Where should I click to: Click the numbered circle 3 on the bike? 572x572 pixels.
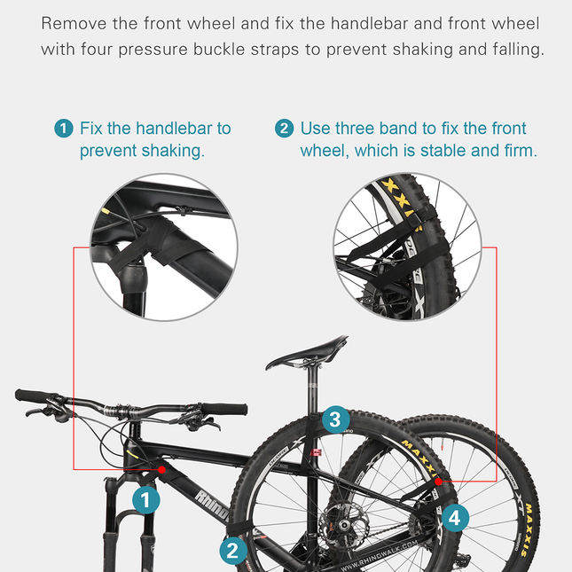[333, 419]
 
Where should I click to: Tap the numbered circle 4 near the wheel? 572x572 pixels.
[454, 517]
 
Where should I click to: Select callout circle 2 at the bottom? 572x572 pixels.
[232, 551]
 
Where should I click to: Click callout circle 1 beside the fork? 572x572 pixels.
[146, 500]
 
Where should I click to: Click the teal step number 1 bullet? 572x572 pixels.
[64, 129]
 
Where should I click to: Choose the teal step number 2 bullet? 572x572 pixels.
[284, 129]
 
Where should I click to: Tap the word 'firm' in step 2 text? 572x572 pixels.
[518, 151]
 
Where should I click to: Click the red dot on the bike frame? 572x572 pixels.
[161, 468]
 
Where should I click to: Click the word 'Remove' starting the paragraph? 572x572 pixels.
[71, 23]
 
